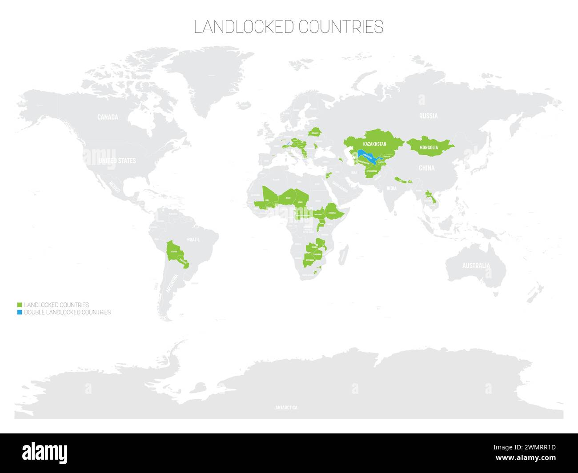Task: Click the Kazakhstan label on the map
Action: click(374, 144)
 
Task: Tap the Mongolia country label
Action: click(429, 147)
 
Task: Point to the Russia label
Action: click(428, 116)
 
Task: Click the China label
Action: click(426, 168)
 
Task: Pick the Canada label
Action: click(108, 117)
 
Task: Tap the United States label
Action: click(117, 160)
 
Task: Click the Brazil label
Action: click(193, 240)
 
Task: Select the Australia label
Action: click(476, 266)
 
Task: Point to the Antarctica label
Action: click(286, 407)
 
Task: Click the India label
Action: click(391, 188)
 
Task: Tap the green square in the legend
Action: click(19, 305)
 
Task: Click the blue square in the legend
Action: click(19, 312)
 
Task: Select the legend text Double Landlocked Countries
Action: click(67, 312)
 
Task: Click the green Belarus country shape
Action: click(315, 132)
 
